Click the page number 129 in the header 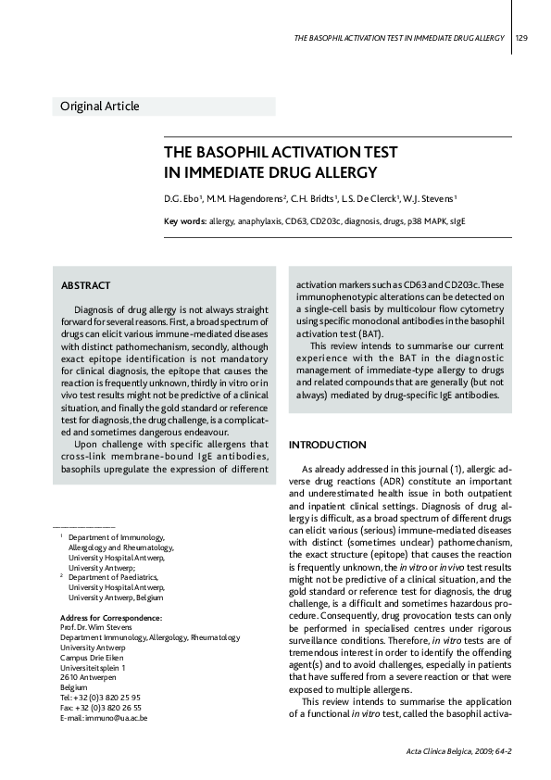tap(521, 38)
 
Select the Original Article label tap(100, 107)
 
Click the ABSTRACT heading tap(85, 285)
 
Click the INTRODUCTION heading tap(329, 446)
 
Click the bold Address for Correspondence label tap(110, 618)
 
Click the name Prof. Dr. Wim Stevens tap(98, 628)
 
